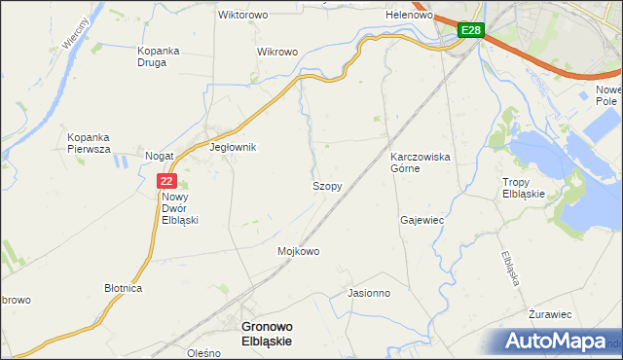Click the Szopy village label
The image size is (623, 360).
[x=326, y=185]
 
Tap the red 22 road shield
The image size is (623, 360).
[x=166, y=181]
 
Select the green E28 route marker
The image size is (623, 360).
[x=470, y=31]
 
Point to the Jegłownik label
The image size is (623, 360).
[x=233, y=148]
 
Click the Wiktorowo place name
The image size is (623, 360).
[x=242, y=16]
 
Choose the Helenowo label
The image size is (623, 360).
[x=409, y=16]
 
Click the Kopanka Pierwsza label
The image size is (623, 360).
[x=90, y=143]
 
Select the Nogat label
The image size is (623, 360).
[x=159, y=156]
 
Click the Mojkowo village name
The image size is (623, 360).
[x=299, y=251]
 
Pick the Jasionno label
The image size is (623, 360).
[x=369, y=292]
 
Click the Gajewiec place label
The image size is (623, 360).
[x=421, y=220]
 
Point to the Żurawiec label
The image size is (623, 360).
[x=549, y=314]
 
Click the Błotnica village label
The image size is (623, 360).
[x=124, y=289]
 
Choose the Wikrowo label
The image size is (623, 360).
[x=275, y=51]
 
